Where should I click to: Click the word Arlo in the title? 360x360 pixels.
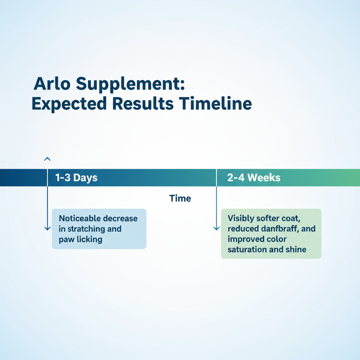pos(52,83)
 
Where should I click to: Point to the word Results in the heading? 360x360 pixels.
pos(143,103)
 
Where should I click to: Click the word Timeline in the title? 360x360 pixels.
pos(216,103)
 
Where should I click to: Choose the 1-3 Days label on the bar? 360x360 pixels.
pos(76,178)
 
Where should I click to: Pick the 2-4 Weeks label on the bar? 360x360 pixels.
pos(254,178)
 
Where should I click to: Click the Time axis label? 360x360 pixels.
pos(180,198)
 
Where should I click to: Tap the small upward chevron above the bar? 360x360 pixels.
pos(47,159)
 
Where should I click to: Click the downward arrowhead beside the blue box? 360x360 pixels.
pos(47,228)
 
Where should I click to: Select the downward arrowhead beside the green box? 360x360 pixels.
pos(217,228)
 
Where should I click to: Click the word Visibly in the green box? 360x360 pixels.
pos(241,218)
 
